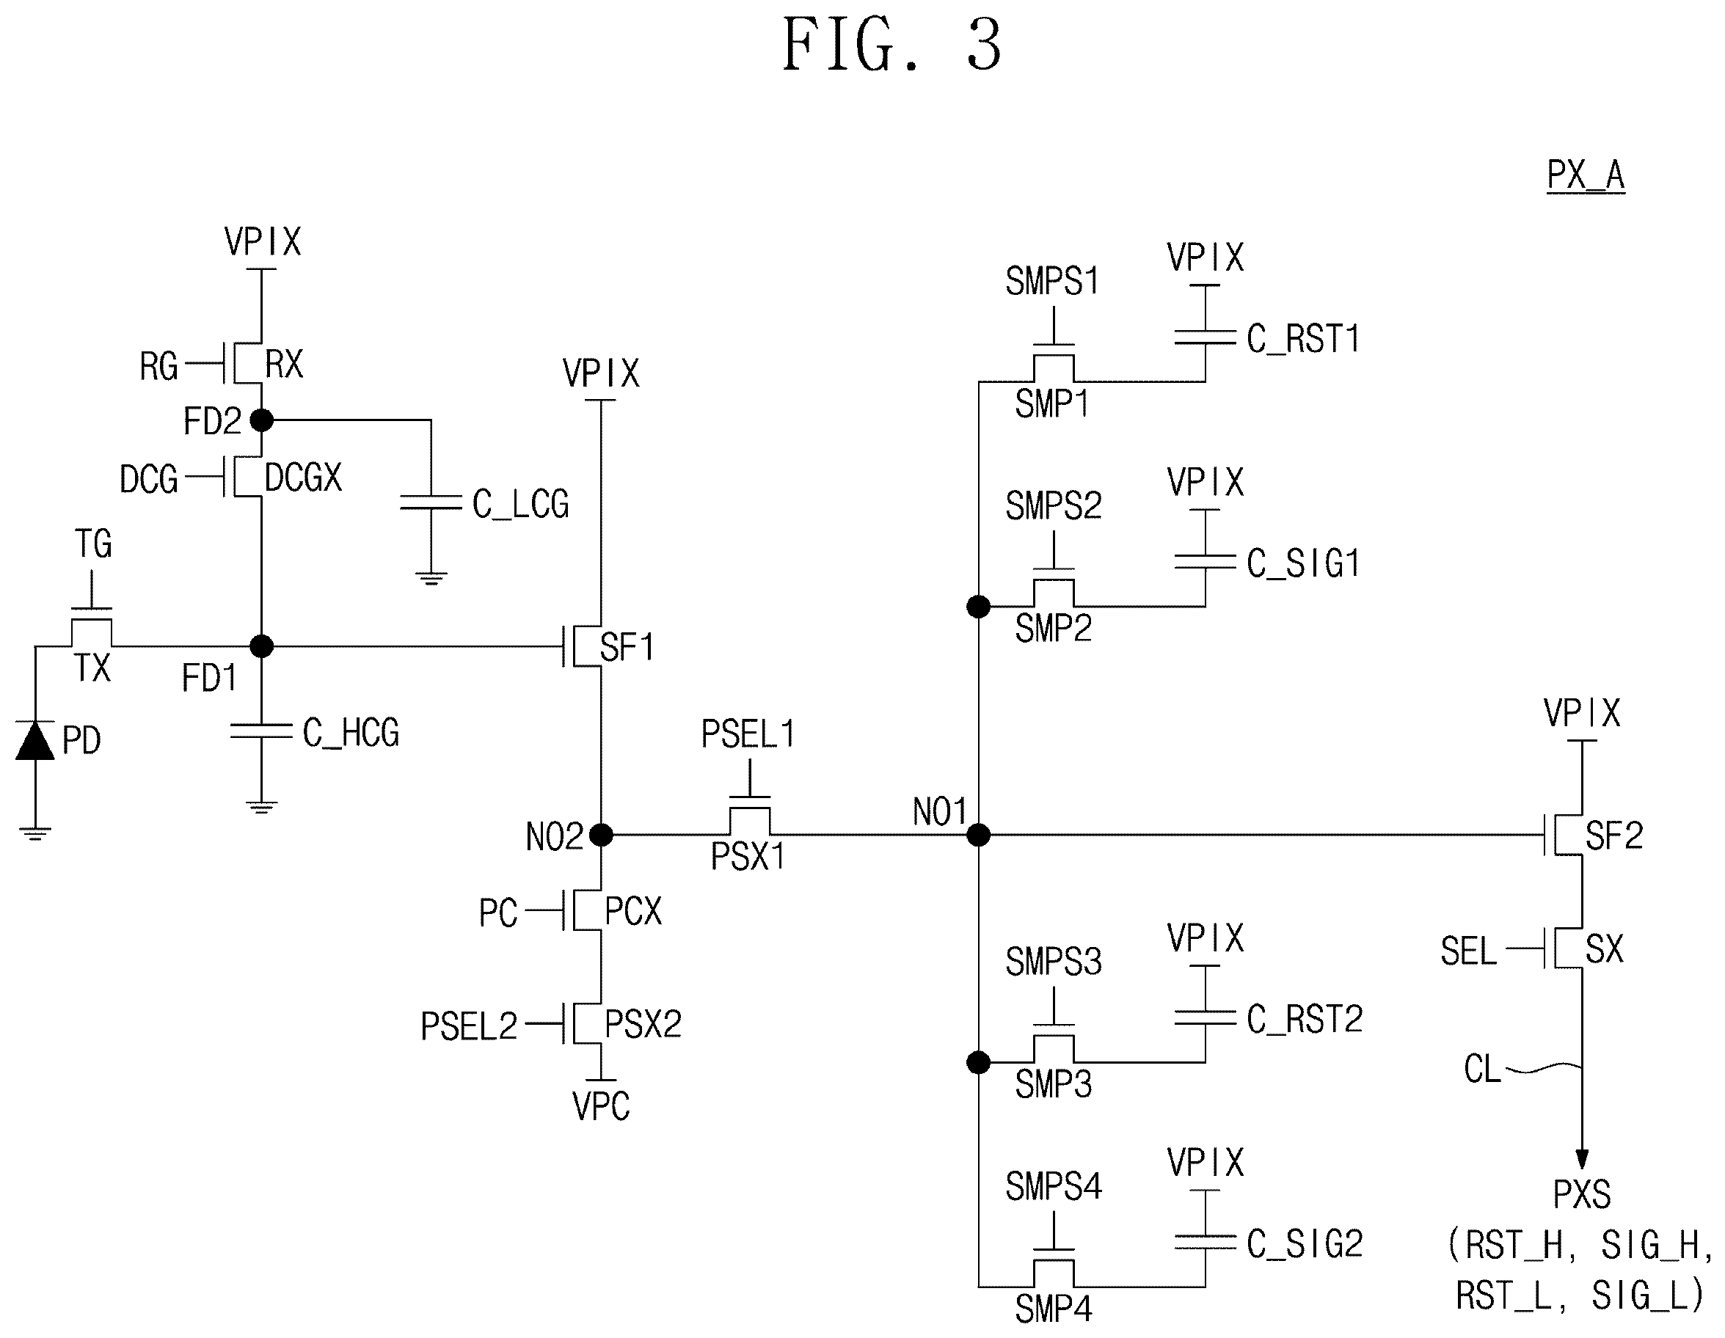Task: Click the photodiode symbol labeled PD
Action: pyautogui.click(x=34, y=741)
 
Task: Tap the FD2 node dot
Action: pyautogui.click(x=261, y=420)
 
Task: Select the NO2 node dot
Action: pyautogui.click(x=601, y=835)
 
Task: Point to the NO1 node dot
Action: pyautogui.click(x=979, y=835)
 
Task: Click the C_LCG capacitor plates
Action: pyautogui.click(x=431, y=502)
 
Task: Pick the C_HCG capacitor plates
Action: pyautogui.click(x=261, y=731)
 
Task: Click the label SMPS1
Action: pyautogui.click(x=1052, y=281)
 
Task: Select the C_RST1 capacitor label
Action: pyautogui.click(x=1303, y=339)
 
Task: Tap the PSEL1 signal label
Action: pyautogui.click(x=748, y=734)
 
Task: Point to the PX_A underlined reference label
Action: pyautogui.click(x=1585, y=175)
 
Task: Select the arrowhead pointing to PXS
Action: pyautogui.click(x=1582, y=1159)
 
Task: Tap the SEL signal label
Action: pyautogui.click(x=1468, y=951)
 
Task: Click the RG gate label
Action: pyautogui.click(x=158, y=367)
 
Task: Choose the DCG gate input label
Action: pyautogui.click(x=148, y=480)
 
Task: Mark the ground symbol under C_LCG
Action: pyautogui.click(x=431, y=578)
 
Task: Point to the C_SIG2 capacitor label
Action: pyautogui.click(x=1305, y=1244)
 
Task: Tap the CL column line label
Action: pyautogui.click(x=1481, y=1070)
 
